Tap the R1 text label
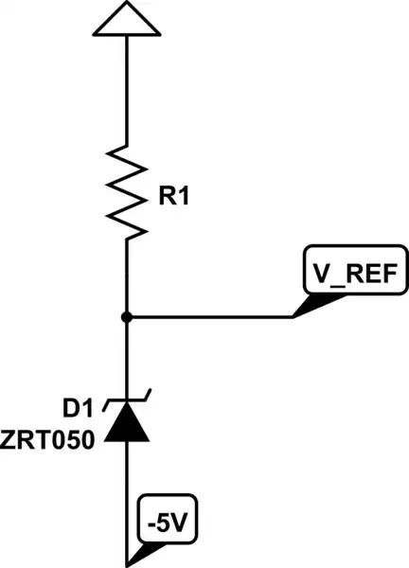[x=176, y=197]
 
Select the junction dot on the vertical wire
[x=127, y=317]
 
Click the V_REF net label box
[x=356, y=274]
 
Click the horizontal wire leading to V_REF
[x=208, y=317]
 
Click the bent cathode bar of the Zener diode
[x=127, y=403]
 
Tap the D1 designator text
[x=80, y=409]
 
